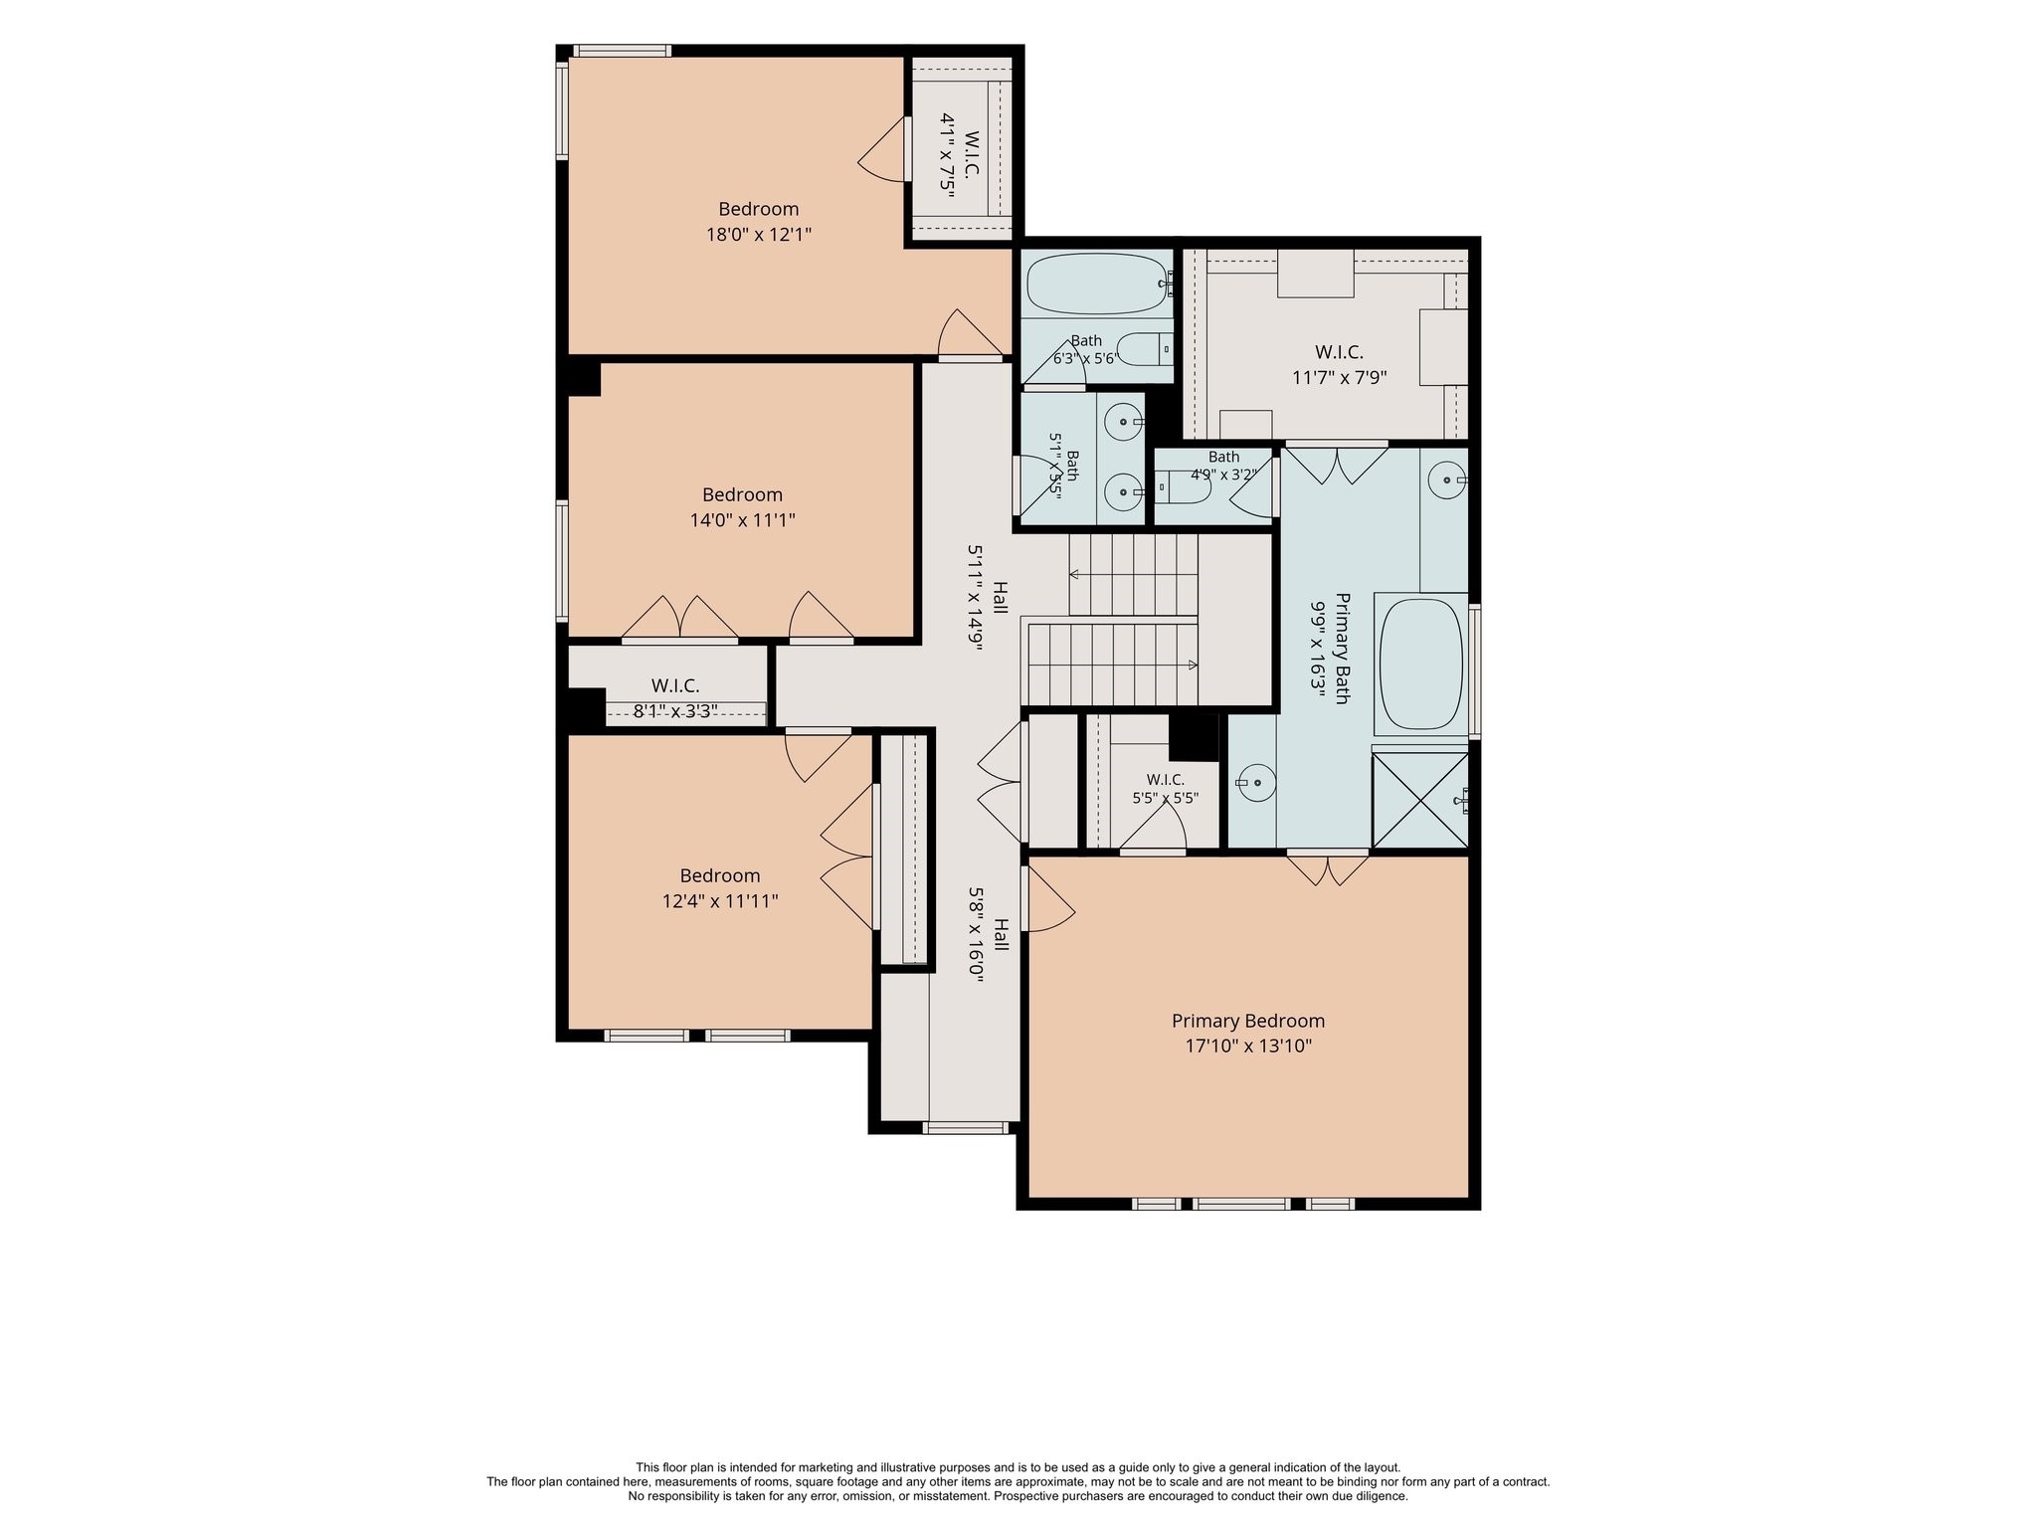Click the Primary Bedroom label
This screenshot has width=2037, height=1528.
pos(1248,1021)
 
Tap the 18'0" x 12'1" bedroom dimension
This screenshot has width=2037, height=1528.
pos(759,235)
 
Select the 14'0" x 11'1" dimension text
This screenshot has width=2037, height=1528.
pos(743,520)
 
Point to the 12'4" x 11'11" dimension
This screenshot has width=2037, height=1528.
pos(720,901)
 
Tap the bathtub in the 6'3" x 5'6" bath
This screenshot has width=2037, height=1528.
pos(1097,284)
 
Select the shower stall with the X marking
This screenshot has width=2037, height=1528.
pos(1419,800)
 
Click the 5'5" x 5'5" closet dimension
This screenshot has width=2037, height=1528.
pos(1166,798)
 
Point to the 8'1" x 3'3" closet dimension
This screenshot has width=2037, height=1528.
pos(675,711)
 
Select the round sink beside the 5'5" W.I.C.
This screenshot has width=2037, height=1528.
pos(1256,783)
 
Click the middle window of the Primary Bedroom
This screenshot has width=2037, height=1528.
pos(1241,1204)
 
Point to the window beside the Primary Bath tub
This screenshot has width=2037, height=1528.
pos(1475,670)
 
